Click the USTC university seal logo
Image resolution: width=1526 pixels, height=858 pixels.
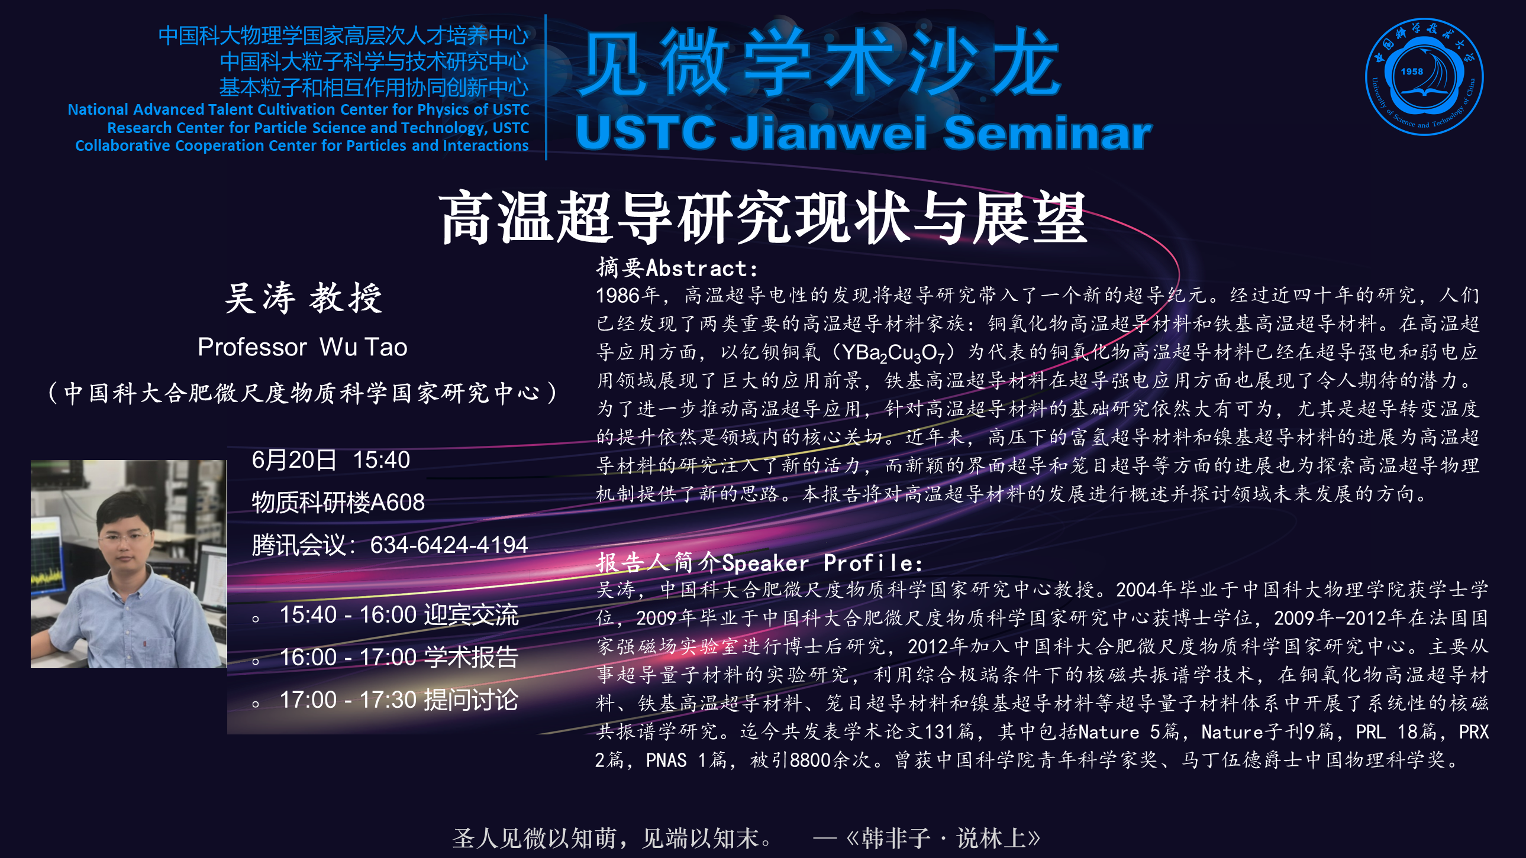pyautogui.click(x=1424, y=77)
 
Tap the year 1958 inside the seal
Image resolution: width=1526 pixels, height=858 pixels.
pyautogui.click(x=1412, y=71)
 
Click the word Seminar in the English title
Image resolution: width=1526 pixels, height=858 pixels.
pyautogui.click(x=1047, y=132)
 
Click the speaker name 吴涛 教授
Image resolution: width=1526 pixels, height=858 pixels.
pyautogui.click(x=304, y=297)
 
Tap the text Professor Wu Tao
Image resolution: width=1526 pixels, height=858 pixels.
pyautogui.click(x=302, y=347)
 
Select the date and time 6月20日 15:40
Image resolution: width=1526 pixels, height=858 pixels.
pyautogui.click(x=331, y=460)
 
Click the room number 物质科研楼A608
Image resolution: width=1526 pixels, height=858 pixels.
pyautogui.click(x=338, y=503)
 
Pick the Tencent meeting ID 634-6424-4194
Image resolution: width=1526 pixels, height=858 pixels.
pyautogui.click(x=449, y=545)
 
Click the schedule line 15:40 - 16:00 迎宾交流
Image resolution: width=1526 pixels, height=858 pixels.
pyautogui.click(x=399, y=615)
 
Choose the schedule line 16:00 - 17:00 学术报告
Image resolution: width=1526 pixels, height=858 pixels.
pyautogui.click(x=399, y=658)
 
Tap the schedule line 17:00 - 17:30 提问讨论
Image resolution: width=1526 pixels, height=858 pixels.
pyautogui.click(x=399, y=700)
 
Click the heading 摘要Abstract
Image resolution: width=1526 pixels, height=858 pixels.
pyautogui.click(x=676, y=268)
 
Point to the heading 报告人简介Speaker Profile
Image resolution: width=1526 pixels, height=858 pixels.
pyautogui.click(x=759, y=562)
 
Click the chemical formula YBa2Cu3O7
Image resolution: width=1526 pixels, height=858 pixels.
pyautogui.click(x=893, y=354)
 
